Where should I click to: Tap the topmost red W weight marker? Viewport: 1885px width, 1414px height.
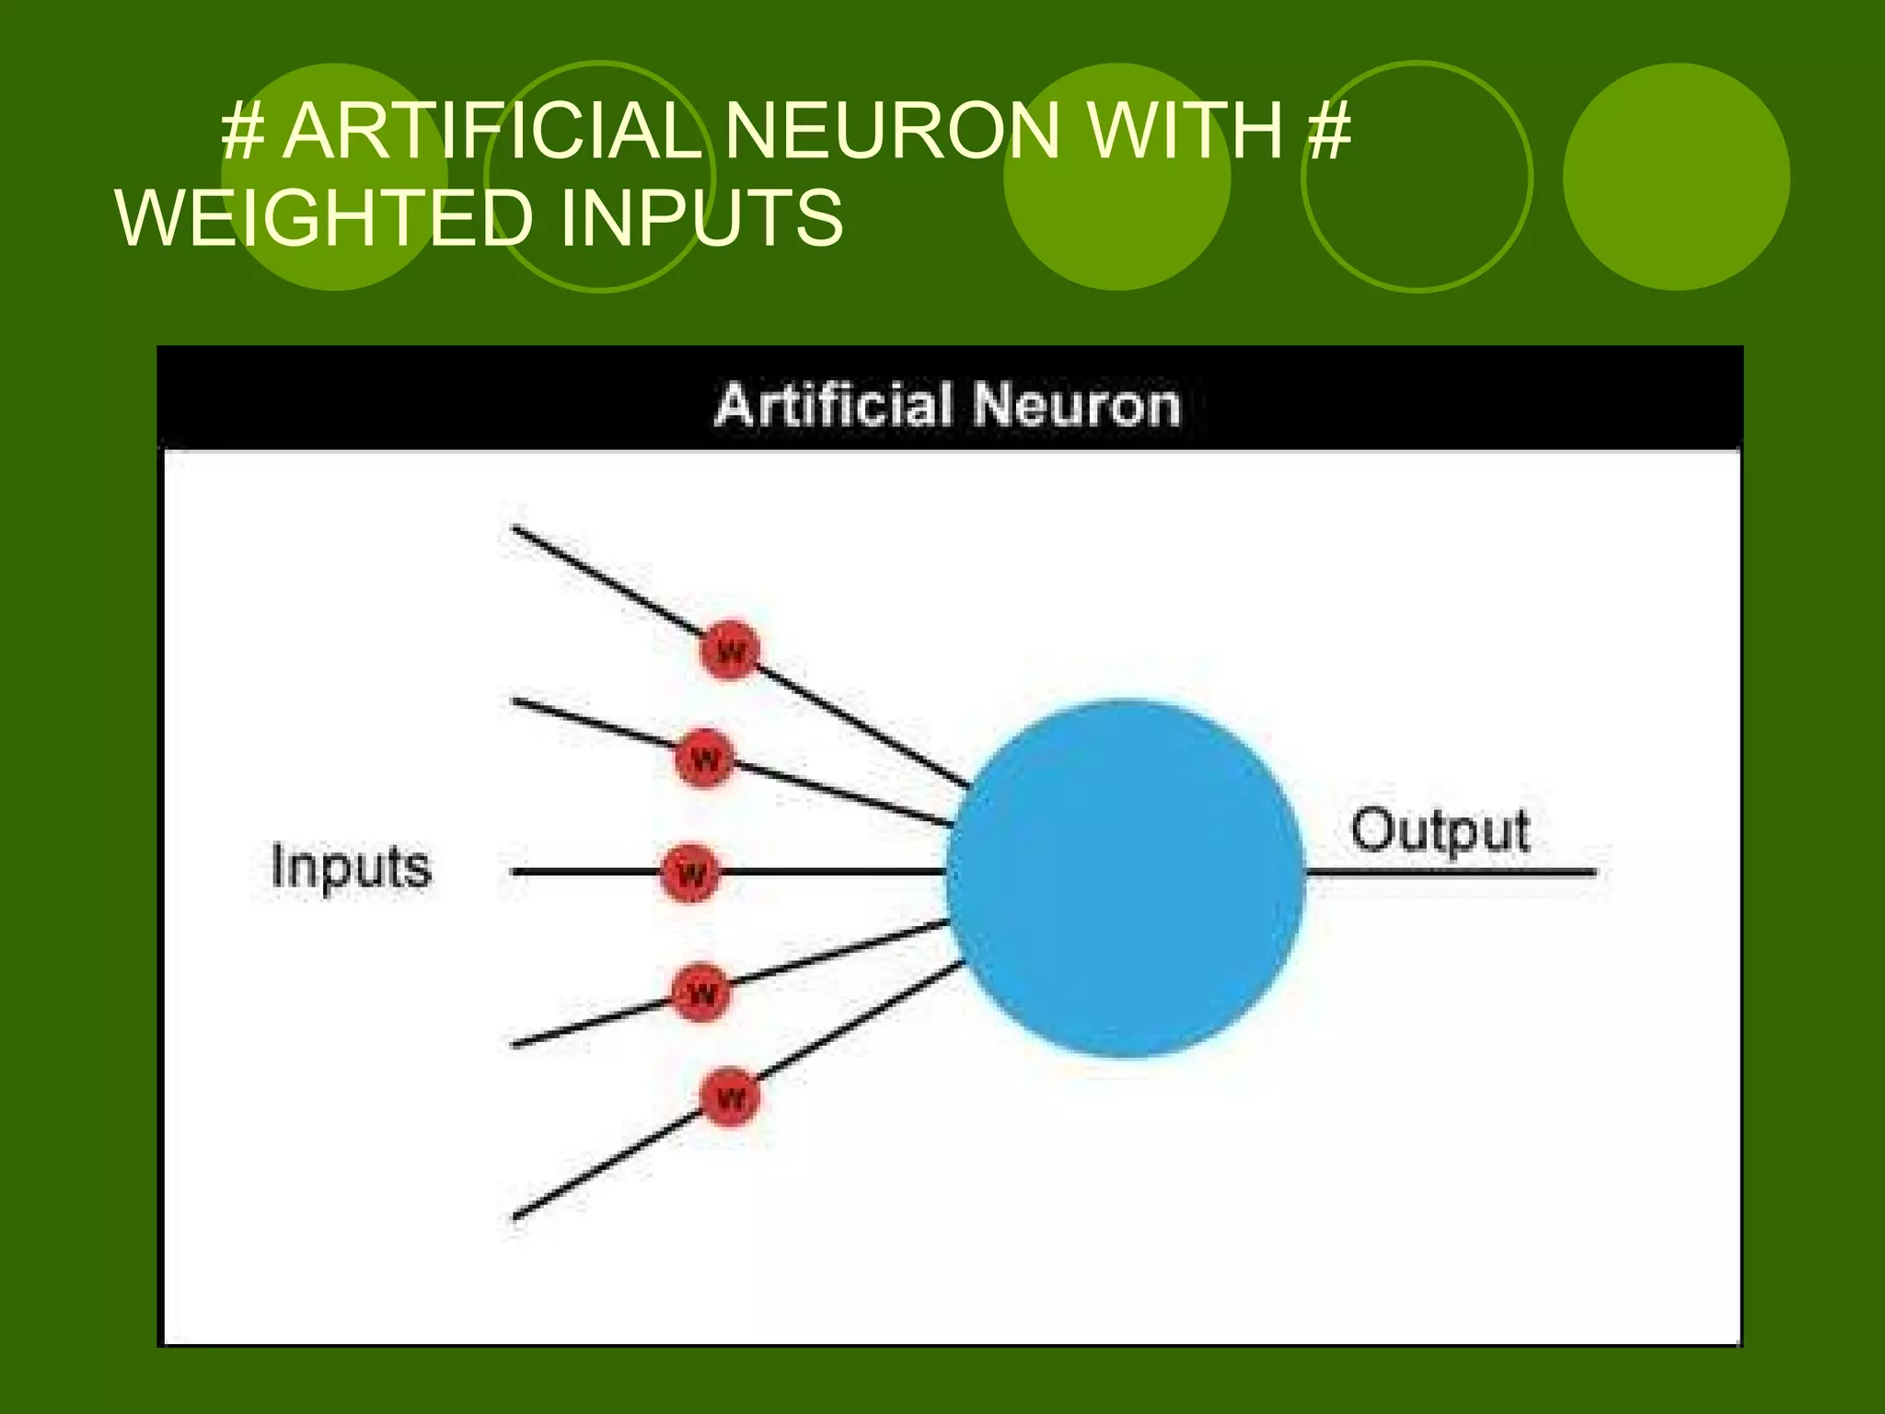(x=730, y=651)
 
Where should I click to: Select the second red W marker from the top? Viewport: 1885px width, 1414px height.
(x=705, y=759)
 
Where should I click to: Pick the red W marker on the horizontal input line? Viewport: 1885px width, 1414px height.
(x=690, y=872)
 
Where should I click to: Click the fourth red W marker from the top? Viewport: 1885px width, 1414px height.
(x=701, y=992)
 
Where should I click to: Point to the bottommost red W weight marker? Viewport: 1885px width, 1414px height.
(x=730, y=1096)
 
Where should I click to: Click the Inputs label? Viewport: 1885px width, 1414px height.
(x=351, y=867)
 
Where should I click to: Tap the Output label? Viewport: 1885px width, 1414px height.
(x=1440, y=831)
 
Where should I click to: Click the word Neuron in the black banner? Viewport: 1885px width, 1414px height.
(x=1076, y=405)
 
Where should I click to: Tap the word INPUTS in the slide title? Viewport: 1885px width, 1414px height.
(x=700, y=217)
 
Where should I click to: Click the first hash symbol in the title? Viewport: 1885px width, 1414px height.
(x=243, y=131)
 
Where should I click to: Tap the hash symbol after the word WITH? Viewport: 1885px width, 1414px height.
(x=1329, y=131)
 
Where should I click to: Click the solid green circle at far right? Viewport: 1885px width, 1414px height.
(x=1676, y=177)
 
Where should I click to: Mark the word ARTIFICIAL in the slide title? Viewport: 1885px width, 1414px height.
(x=492, y=131)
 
